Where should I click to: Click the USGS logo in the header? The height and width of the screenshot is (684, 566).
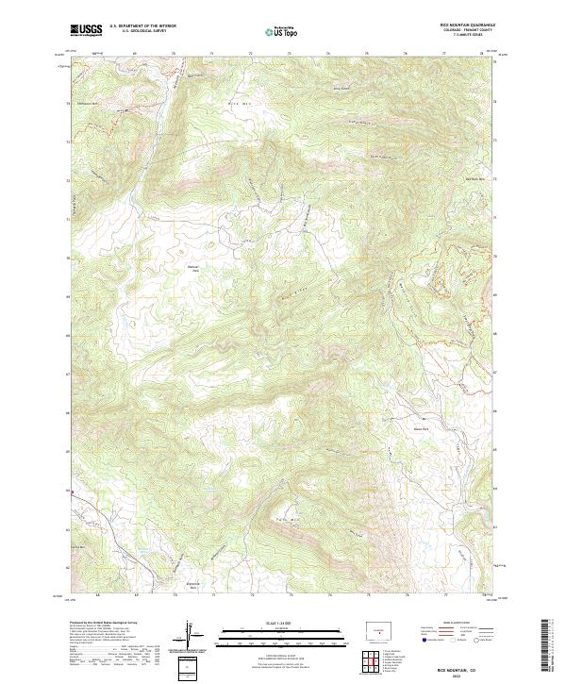[86, 30]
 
